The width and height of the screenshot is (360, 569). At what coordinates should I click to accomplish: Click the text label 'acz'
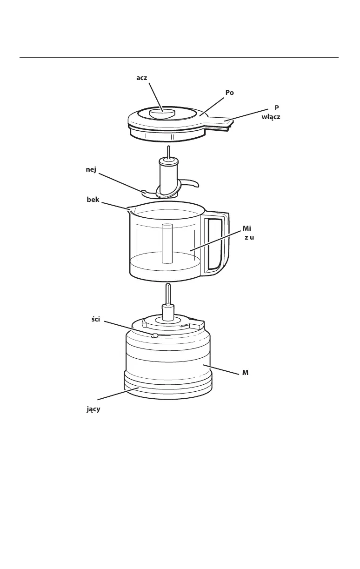point(142,78)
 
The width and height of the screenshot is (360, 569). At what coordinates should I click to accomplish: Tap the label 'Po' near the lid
point(229,93)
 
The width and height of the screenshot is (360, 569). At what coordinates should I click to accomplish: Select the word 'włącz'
point(271,116)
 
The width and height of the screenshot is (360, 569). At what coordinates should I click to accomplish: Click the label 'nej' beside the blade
point(91,170)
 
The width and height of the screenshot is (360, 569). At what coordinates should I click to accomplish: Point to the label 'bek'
point(93,200)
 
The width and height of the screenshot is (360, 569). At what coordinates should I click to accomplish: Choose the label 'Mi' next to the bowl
point(247,228)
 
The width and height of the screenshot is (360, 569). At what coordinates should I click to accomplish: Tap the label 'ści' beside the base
point(96,319)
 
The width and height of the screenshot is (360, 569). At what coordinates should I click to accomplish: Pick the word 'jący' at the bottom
point(93,409)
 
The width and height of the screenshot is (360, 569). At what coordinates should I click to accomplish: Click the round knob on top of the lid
point(161,113)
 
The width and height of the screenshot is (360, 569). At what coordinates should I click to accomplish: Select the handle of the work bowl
point(216,244)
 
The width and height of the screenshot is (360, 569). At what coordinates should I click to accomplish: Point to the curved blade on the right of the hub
point(190,182)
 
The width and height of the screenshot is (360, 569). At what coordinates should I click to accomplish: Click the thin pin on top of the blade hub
point(168,152)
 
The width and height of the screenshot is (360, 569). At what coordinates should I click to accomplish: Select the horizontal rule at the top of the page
point(179,58)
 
